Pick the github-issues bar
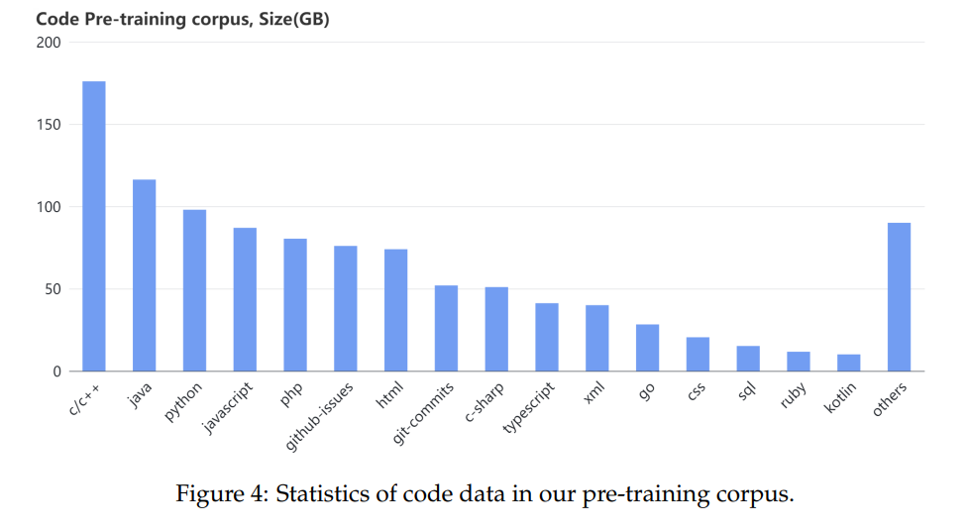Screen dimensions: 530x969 click(x=345, y=308)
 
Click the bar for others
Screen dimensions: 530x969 click(x=899, y=297)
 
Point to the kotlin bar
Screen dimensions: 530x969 click(x=848, y=363)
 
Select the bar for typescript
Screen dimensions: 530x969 click(x=546, y=337)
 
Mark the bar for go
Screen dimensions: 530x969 click(x=647, y=348)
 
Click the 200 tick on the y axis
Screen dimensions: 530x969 click(x=50, y=43)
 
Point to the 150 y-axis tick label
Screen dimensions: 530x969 click(x=50, y=125)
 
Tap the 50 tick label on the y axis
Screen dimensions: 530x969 click(x=54, y=289)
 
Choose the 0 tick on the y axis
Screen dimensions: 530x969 click(x=57, y=371)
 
